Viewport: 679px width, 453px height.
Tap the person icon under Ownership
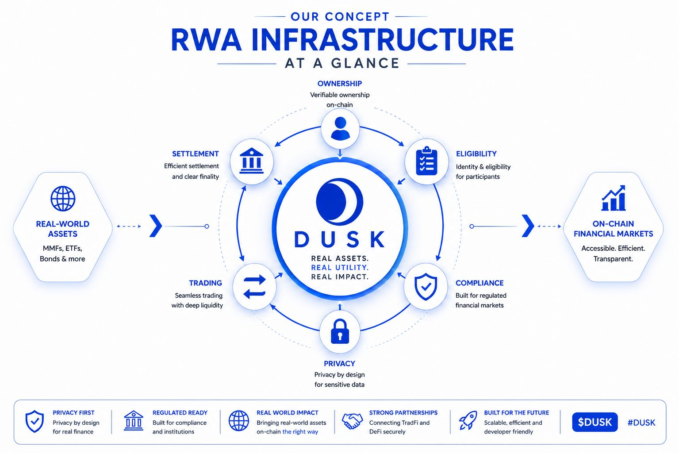click(340, 128)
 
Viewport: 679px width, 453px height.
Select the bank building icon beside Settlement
click(251, 161)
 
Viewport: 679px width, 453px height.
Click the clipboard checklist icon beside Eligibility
click(426, 161)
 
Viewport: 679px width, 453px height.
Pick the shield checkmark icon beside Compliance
click(426, 287)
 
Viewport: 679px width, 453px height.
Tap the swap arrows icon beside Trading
click(254, 287)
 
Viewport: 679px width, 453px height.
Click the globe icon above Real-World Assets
click(63, 199)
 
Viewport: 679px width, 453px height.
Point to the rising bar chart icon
click(613, 198)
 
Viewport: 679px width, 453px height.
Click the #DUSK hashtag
click(641, 422)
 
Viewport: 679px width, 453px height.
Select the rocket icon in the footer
click(468, 420)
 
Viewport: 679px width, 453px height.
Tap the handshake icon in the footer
click(352, 421)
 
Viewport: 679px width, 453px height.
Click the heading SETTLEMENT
click(196, 154)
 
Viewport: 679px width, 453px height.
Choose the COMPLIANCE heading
click(480, 283)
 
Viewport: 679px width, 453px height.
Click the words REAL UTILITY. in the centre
click(340, 268)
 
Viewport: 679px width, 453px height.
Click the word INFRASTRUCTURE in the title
click(383, 40)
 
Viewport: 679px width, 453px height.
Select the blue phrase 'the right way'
click(300, 431)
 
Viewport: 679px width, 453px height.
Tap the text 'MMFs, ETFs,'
click(62, 248)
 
